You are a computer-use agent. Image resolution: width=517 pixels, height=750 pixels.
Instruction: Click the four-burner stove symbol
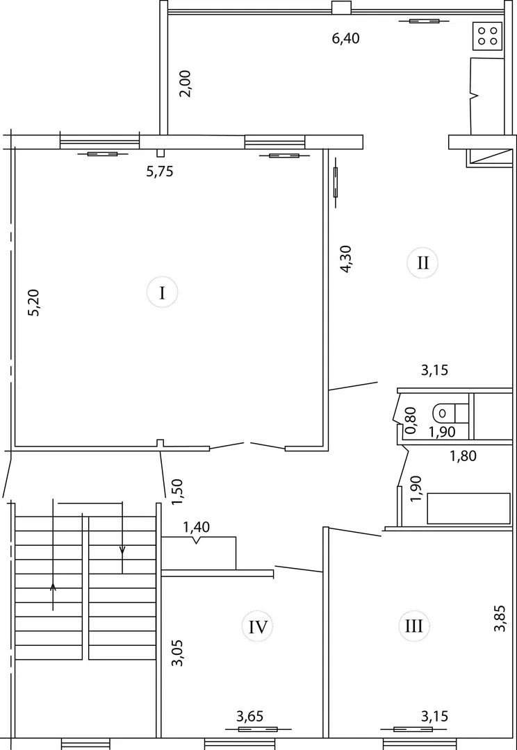487,36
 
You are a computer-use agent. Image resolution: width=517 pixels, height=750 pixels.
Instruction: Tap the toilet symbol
450,411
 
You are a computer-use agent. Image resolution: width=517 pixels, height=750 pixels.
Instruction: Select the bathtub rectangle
468,508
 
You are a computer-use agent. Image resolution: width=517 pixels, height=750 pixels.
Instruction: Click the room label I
163,292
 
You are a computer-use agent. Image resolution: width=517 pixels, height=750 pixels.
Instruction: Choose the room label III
413,626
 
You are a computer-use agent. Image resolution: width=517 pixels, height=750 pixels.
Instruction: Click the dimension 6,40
345,38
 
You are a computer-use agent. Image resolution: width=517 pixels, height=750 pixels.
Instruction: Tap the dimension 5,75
159,172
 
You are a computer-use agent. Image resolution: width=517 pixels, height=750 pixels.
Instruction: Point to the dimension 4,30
345,259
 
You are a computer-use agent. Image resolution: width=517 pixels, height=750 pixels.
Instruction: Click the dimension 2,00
186,84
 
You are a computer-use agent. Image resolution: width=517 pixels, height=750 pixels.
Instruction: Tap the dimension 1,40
197,528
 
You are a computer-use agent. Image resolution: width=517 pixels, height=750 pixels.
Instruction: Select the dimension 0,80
411,419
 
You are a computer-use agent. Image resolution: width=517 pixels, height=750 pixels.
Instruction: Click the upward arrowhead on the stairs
53,586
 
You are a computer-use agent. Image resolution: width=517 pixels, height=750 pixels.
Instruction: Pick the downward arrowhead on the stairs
122,549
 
